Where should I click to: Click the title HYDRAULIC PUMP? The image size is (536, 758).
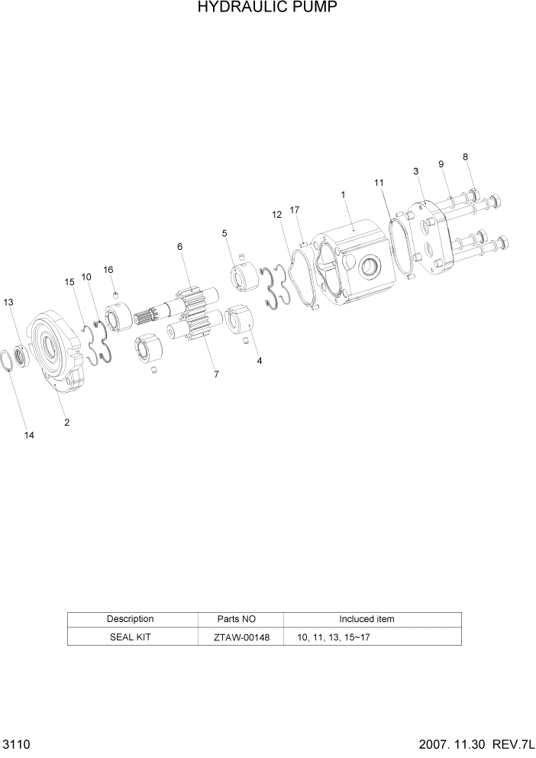267,8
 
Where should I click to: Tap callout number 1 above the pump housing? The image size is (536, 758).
344,195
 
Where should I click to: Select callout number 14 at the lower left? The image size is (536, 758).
29,436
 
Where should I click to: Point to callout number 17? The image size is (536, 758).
295,209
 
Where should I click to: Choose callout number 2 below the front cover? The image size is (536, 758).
67,422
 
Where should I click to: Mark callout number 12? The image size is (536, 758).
276,215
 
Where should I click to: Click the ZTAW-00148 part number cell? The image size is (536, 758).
241,637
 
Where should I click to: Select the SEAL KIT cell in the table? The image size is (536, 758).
129,637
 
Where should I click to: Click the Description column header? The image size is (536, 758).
130,619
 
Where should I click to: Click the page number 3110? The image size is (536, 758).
15,743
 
